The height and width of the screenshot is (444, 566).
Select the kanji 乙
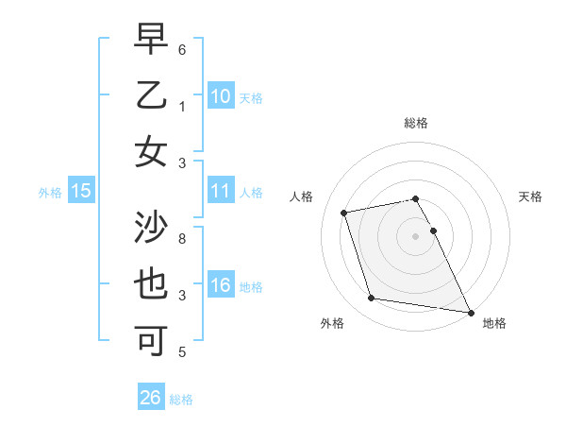click(x=151, y=96)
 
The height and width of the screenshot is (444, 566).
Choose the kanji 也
click(x=151, y=284)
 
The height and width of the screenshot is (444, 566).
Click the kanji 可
click(x=151, y=338)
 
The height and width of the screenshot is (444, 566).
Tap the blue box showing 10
click(x=220, y=96)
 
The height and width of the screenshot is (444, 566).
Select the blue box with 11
click(x=220, y=192)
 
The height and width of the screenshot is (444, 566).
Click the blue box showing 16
click(x=220, y=285)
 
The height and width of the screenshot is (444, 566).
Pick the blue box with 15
click(x=81, y=192)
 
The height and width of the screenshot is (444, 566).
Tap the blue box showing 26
click(x=151, y=398)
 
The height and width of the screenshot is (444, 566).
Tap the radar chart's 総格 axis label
click(x=415, y=123)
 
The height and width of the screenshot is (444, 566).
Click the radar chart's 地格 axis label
click(x=494, y=323)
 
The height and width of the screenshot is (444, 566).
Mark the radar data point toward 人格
click(x=344, y=212)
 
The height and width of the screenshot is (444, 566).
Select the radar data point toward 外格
click(x=372, y=299)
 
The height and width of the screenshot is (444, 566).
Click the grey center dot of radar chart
click(x=415, y=235)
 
